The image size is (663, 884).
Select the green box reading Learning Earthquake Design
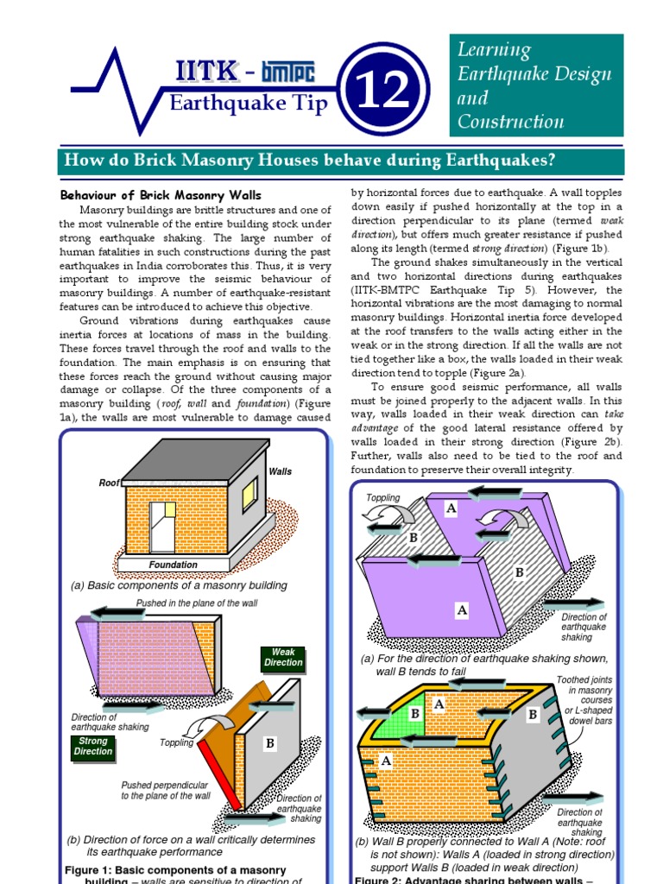[x=535, y=85]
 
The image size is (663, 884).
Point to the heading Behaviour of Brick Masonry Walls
[x=160, y=195]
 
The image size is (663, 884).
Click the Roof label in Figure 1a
[x=110, y=483]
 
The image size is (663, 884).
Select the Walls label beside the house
[x=281, y=471]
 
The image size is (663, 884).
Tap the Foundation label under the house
[x=173, y=565]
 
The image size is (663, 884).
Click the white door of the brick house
[x=161, y=527]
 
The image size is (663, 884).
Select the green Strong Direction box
[x=93, y=746]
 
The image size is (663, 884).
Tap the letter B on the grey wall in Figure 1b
[x=270, y=742]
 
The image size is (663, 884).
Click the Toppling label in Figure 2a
[x=383, y=498]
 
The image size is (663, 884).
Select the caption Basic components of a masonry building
[x=179, y=585]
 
